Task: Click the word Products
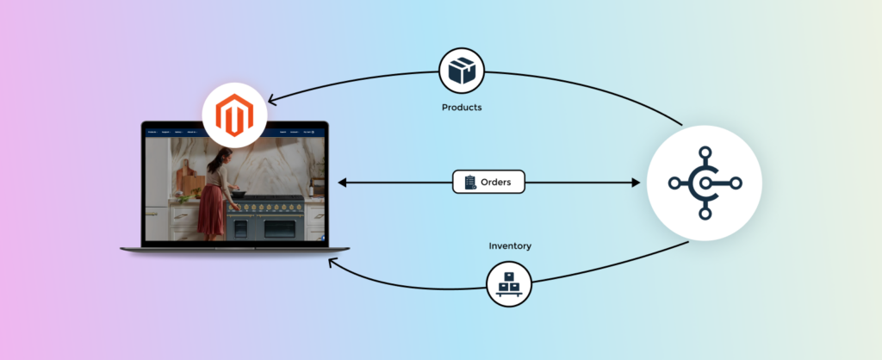pyautogui.click(x=462, y=108)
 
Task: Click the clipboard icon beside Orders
pyautogui.click(x=470, y=182)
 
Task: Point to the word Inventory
pyautogui.click(x=510, y=245)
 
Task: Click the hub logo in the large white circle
pyautogui.click(x=704, y=183)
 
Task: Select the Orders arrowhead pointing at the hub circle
pyautogui.click(x=637, y=183)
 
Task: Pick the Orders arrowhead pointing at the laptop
pyautogui.click(x=342, y=183)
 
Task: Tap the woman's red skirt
pyautogui.click(x=211, y=211)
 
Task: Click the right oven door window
pyautogui.click(x=281, y=229)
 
